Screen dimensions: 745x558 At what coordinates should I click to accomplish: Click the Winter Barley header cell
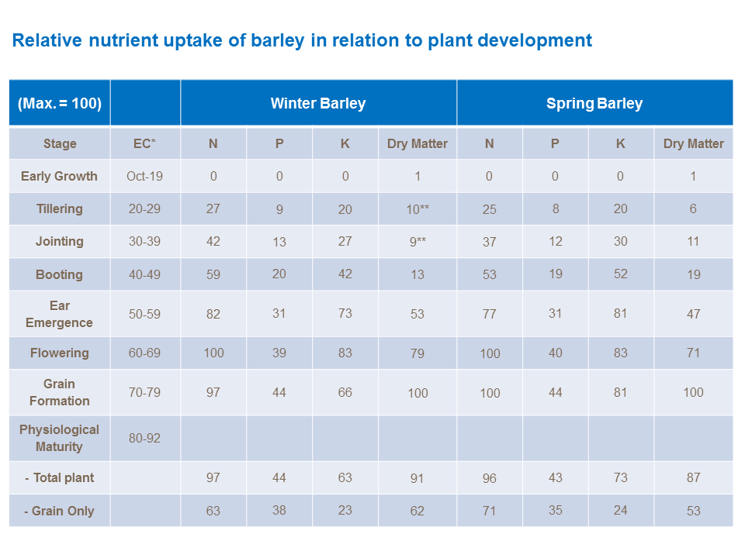point(318,103)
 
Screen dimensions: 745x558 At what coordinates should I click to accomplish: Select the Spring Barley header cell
point(594,103)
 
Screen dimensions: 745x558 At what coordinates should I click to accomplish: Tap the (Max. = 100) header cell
point(60,103)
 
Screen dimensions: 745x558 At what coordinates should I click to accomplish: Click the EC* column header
point(145,143)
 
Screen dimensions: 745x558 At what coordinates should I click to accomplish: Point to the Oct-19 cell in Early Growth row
point(145,176)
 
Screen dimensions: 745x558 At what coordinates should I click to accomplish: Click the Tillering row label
point(60,208)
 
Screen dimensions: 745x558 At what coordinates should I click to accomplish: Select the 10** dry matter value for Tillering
point(418,209)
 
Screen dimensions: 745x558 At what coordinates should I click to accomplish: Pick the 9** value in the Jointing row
point(418,242)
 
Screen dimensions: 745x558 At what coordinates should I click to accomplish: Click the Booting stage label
point(60,274)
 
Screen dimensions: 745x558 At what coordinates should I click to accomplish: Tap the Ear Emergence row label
point(60,314)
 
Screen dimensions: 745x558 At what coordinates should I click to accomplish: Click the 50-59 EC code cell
point(145,314)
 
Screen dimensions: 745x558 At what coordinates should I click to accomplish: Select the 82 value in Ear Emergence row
point(213,314)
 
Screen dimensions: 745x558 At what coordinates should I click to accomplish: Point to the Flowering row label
point(60,353)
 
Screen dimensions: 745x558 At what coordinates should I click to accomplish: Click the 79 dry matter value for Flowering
point(418,353)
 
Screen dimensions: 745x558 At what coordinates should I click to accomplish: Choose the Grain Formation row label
point(60,392)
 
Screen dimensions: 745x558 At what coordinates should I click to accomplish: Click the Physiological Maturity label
point(60,438)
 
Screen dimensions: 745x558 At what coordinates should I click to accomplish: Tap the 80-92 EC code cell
point(145,438)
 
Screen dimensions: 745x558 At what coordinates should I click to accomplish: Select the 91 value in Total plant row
point(418,478)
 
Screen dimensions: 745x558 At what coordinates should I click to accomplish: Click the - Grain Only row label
point(60,511)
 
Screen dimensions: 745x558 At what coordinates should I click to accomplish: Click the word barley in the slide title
point(277,40)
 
